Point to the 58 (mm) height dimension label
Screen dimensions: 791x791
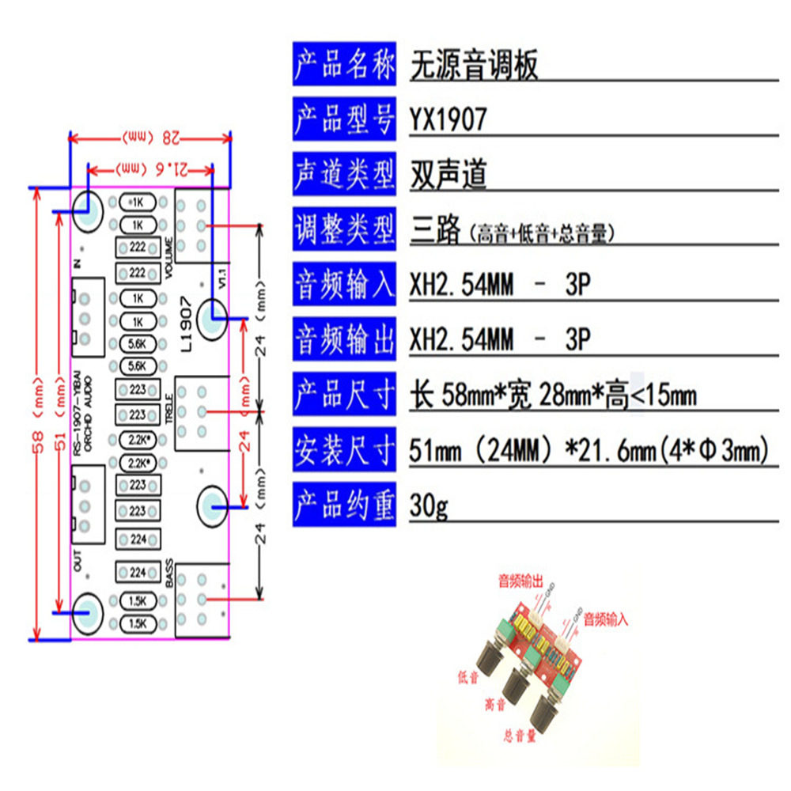point(37,413)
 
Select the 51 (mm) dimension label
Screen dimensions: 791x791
point(61,413)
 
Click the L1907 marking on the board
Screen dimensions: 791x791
point(186,324)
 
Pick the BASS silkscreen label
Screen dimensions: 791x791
point(170,572)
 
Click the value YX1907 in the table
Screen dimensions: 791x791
point(448,120)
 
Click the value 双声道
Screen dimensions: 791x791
point(448,175)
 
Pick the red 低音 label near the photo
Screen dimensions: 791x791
point(468,676)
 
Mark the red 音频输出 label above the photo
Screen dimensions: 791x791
point(520,583)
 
